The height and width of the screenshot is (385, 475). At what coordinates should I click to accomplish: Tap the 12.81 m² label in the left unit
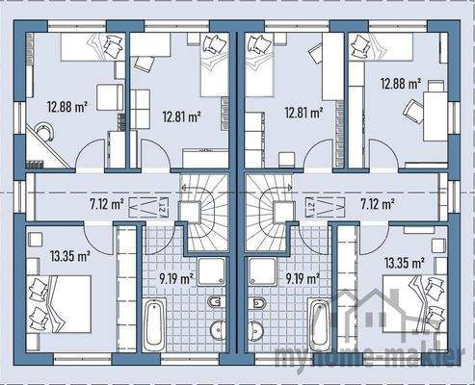point(179,115)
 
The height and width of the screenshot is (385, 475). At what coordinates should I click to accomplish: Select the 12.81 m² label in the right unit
point(302,111)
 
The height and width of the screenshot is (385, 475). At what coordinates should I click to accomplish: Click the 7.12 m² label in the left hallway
point(105,204)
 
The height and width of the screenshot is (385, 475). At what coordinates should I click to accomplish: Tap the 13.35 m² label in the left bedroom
point(69,256)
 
